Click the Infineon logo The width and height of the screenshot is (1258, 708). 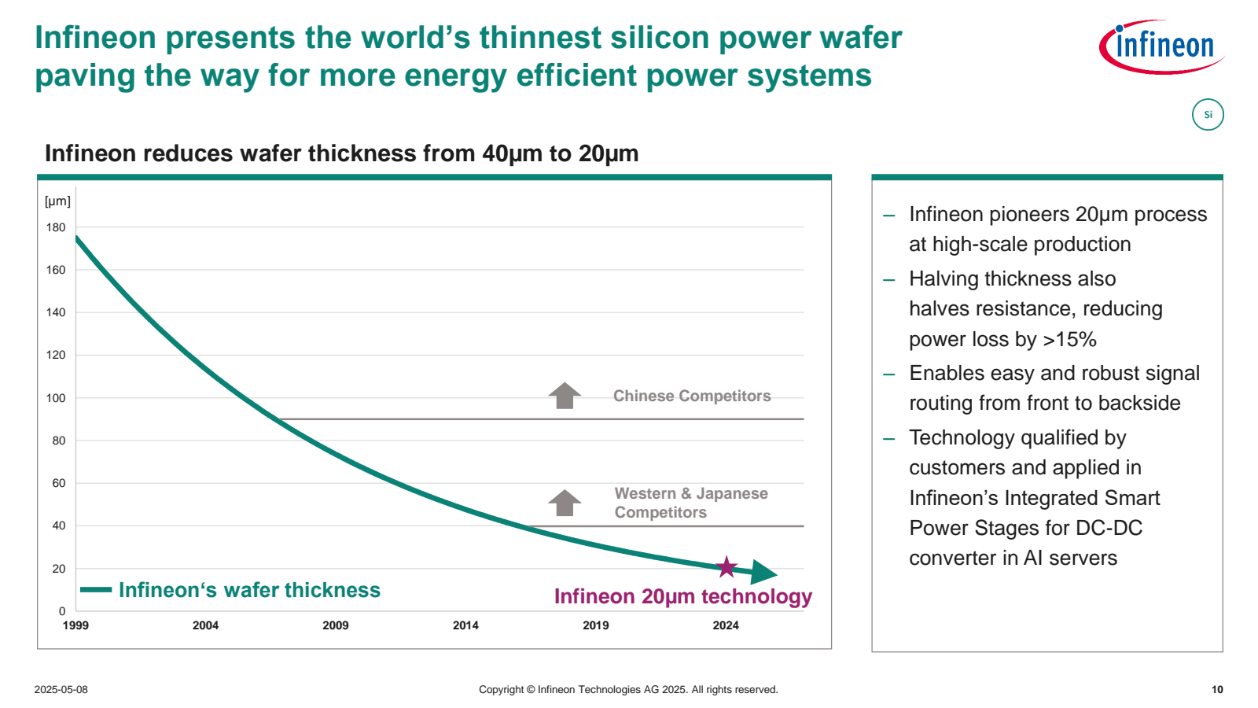click(x=1161, y=46)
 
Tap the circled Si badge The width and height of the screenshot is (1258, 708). click(x=1208, y=115)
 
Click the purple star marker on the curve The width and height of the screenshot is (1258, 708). click(x=726, y=566)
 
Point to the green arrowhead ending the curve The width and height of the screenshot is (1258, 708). click(x=763, y=572)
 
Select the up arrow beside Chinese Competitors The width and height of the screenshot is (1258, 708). click(x=565, y=396)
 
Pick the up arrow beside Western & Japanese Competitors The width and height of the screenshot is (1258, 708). click(x=565, y=503)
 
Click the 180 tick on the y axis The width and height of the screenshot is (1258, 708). click(x=56, y=228)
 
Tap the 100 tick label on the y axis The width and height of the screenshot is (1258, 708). click(x=56, y=398)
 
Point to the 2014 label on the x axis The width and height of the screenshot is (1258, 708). click(x=465, y=625)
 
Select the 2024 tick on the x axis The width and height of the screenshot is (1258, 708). click(x=726, y=625)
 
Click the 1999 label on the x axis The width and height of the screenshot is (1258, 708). click(x=75, y=625)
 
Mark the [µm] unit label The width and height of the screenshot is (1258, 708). click(x=57, y=201)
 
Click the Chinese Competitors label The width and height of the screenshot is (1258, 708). click(x=692, y=396)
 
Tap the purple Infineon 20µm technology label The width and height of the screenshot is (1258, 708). click(x=682, y=596)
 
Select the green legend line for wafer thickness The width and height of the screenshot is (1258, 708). click(x=96, y=590)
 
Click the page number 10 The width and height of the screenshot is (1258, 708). click(x=1217, y=690)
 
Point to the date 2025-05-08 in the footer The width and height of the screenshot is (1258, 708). click(x=61, y=690)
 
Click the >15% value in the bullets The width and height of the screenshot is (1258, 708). click(x=1069, y=340)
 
